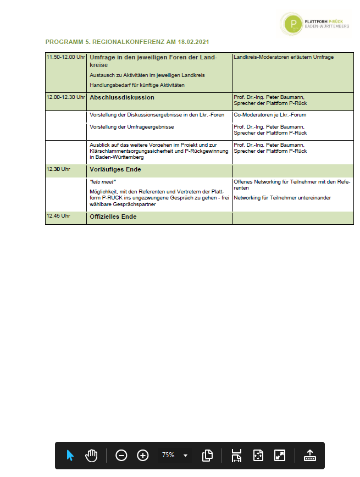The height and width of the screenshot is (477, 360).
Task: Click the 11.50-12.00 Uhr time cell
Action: pos(65,58)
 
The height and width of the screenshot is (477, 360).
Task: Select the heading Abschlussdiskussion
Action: pos(122,97)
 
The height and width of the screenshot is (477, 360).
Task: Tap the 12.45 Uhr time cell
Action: pos(59,216)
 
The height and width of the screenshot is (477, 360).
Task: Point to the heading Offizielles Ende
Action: pos(113,217)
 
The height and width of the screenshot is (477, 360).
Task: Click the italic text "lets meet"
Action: pos(103,181)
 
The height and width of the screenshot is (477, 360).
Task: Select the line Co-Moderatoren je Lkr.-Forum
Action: pos(270,115)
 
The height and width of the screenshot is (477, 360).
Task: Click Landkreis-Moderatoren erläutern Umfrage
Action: pos(284,57)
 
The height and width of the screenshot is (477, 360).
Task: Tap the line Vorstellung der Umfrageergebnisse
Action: pos(132,127)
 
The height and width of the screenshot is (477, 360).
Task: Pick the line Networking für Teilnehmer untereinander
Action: pos(283,197)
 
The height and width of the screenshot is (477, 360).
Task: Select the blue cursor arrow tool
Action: pos(70,456)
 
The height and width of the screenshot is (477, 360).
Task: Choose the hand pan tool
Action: pos(91,456)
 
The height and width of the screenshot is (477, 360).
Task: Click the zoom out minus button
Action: pos(121,456)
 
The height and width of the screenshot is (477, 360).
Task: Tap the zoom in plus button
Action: pos(143,456)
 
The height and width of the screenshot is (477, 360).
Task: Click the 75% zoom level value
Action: pos(168,456)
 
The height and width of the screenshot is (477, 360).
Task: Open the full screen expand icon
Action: pos(280,456)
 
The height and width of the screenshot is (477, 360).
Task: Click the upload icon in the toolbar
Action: pos(309,456)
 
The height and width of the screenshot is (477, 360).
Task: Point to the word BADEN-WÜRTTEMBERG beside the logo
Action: pos(326,26)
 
